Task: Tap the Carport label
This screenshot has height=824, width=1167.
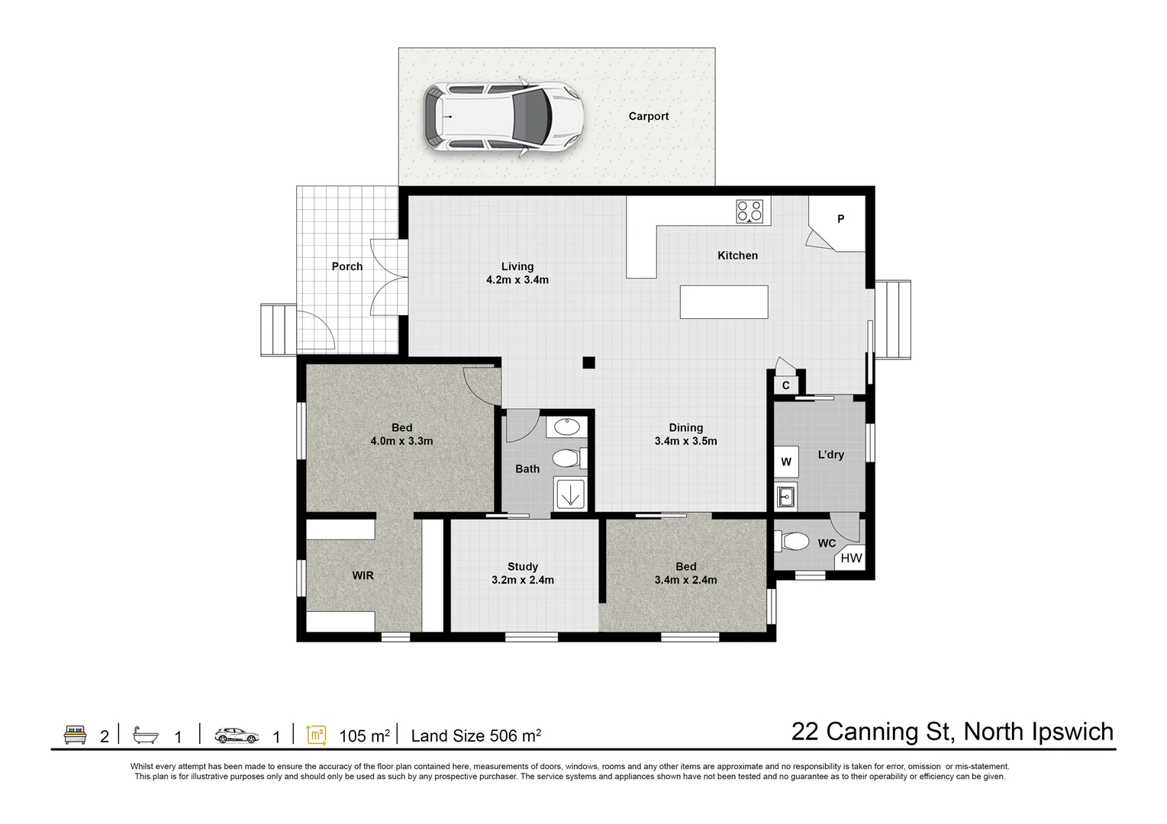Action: click(648, 116)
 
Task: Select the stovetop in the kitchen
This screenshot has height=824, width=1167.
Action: click(749, 211)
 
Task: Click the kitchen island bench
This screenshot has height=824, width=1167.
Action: click(724, 301)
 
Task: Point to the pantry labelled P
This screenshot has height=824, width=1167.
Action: click(840, 220)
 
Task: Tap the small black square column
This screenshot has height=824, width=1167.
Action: click(588, 363)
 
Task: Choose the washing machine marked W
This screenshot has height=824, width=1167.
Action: click(786, 462)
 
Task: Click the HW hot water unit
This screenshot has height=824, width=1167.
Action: click(851, 558)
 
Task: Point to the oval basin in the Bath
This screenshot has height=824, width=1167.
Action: click(566, 426)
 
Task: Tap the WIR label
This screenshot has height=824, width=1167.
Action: click(363, 575)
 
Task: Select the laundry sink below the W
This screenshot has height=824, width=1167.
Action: click(785, 496)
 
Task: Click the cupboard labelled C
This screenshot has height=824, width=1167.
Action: click(785, 385)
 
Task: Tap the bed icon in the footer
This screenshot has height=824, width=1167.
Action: click(75, 735)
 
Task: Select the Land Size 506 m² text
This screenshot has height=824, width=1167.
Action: click(476, 735)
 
